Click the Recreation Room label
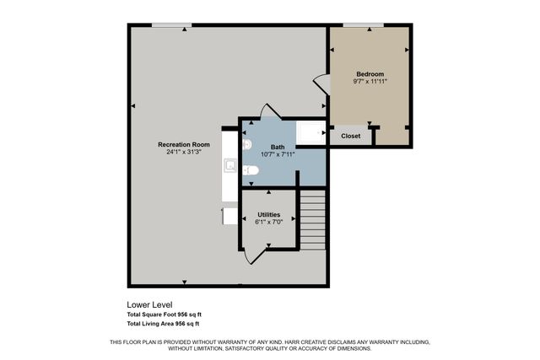click(x=183, y=144)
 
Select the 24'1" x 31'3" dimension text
click(x=183, y=153)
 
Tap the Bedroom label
click(x=370, y=74)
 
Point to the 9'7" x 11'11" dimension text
click(x=370, y=83)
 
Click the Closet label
click(x=350, y=136)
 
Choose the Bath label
click(x=278, y=147)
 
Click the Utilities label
click(x=269, y=215)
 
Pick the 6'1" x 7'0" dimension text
click(x=269, y=223)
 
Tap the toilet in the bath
click(x=250, y=171)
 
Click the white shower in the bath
click(x=311, y=134)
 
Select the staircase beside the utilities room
click(x=312, y=221)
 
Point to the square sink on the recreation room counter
click(x=229, y=164)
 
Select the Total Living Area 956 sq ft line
click(x=163, y=324)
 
